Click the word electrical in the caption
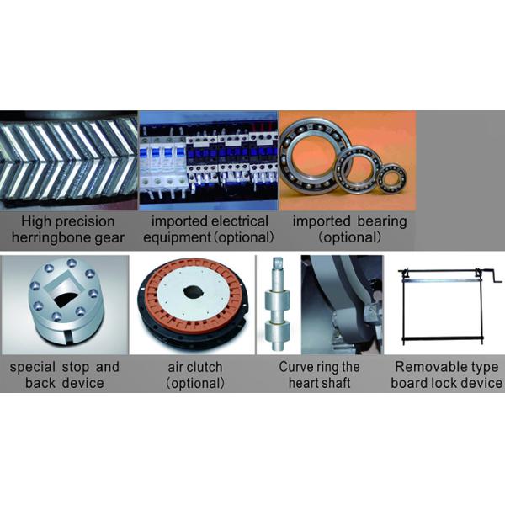click(240, 221)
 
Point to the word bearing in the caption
click(381, 221)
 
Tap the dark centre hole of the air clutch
click(193, 291)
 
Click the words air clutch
click(195, 367)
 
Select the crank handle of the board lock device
click(491, 276)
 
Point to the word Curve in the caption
click(293, 367)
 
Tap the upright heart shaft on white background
click(277, 304)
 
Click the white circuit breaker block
click(163, 167)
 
